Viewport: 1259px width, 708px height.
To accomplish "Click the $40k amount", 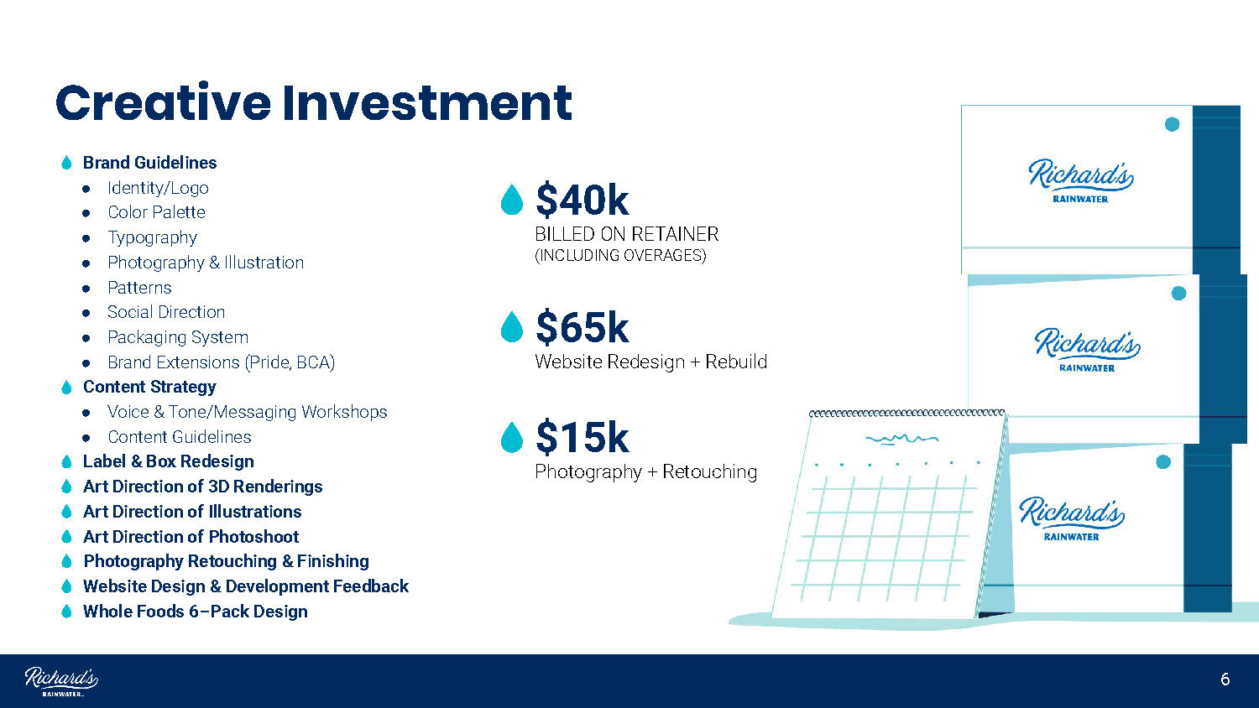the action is pos(582,200).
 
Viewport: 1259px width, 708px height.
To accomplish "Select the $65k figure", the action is pos(582,327).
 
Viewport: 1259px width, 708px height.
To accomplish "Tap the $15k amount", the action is pos(582,437).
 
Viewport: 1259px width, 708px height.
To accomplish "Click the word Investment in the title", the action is pos(427,103).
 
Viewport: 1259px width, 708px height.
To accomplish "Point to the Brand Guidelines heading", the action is pos(149,163).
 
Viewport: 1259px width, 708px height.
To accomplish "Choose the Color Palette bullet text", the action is pos(156,212).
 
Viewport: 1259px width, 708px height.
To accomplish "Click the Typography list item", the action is pos(152,237).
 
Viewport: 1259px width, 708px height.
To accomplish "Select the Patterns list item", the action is pos(139,288).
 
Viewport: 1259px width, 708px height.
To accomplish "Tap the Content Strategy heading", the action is pos(149,388).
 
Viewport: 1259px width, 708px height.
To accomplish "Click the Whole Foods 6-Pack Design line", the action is pos(195,612).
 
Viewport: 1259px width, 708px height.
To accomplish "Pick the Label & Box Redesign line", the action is pos(169,461).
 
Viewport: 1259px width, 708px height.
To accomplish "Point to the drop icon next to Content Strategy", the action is pos(66,388).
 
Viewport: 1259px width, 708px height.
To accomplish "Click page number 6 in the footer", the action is pos(1225,680).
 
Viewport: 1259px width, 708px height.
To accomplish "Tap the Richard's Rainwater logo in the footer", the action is pos(61,682).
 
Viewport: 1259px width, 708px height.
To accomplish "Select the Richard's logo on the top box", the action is pos(1080,180).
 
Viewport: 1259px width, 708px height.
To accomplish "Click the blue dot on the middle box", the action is pos(1178,294).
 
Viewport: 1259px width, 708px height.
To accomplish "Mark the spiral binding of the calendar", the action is pos(906,413).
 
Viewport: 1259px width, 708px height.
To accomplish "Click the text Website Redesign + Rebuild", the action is pos(650,362).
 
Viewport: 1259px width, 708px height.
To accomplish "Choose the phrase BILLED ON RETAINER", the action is pos(627,234).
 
